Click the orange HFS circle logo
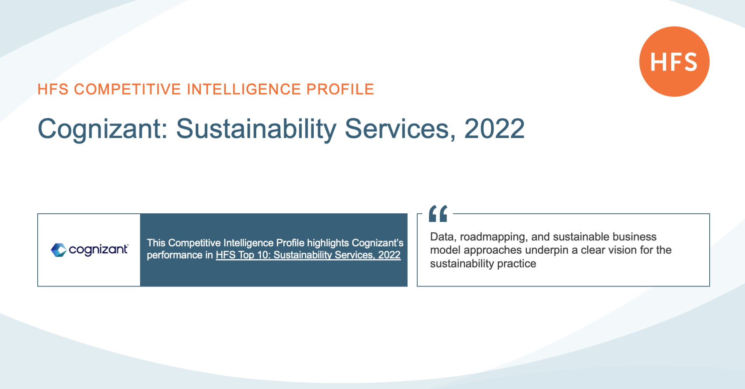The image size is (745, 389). pos(674,61)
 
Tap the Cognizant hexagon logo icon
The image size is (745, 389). pos(59,250)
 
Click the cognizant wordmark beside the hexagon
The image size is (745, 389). pos(99,250)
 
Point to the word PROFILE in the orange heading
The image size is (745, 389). pos(340,89)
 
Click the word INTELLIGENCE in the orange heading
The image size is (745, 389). pos(244,89)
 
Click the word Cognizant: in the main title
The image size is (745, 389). pos(102,129)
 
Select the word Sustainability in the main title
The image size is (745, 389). pos(256,129)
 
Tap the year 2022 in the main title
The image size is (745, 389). pos(494,128)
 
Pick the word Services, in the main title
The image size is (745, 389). pos(400,128)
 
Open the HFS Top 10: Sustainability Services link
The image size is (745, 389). pos(308,255)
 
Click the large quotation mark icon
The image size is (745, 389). pos(438,213)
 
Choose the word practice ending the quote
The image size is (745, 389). pos(516,264)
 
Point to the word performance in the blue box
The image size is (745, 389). pos(175,255)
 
